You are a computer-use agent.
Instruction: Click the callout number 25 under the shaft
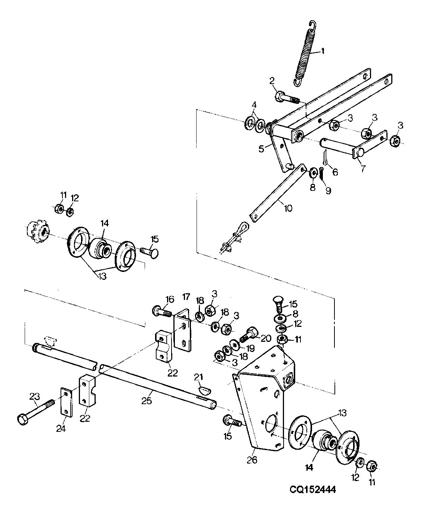click(146, 402)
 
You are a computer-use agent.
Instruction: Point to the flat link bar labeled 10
click(278, 193)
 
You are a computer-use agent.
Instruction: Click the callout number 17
click(186, 297)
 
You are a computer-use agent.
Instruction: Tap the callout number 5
click(261, 149)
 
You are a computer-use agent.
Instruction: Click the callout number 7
click(363, 169)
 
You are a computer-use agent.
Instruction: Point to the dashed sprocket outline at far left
click(38, 232)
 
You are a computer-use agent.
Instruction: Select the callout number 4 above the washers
click(254, 105)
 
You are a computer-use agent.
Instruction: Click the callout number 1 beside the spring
click(322, 51)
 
